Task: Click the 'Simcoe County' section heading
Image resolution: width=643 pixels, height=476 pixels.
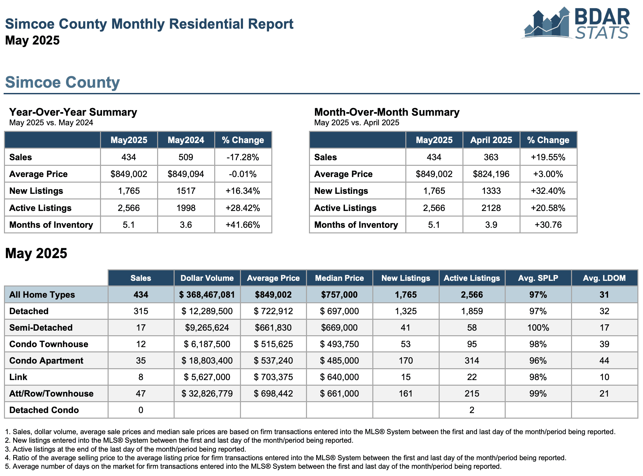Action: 62,82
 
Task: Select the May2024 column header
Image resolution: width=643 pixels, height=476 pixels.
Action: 186,140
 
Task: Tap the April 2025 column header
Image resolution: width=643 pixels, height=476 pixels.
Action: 491,140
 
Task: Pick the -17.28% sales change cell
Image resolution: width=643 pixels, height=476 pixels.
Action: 243,157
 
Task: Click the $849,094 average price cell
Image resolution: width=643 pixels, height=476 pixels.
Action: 186,174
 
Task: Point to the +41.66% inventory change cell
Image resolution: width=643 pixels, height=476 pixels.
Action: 243,225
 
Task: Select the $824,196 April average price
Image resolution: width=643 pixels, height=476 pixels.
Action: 491,174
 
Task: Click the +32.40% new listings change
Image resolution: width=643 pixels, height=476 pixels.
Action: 548,191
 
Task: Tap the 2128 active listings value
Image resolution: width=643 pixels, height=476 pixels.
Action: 491,208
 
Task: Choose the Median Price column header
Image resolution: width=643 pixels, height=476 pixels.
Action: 339,278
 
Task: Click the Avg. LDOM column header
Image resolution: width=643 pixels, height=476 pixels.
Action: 604,278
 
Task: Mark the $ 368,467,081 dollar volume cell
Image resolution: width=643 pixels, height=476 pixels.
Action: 207,295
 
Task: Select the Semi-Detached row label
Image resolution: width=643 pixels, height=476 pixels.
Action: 41,328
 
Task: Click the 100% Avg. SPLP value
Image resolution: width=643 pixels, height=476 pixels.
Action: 538,328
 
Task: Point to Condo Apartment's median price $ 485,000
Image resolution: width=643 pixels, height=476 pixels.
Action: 339,361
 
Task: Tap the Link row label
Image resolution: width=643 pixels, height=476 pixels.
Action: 18,377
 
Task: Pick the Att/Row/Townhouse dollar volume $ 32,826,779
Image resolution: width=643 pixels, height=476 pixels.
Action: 207,394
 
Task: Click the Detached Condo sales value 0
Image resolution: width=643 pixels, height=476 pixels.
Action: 141,410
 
